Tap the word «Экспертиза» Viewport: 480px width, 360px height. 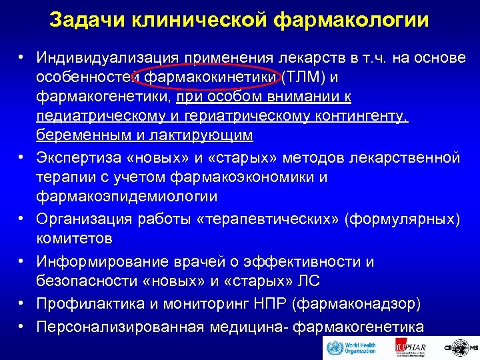77,158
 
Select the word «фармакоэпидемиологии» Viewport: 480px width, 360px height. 127,197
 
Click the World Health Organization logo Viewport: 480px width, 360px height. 351,348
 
